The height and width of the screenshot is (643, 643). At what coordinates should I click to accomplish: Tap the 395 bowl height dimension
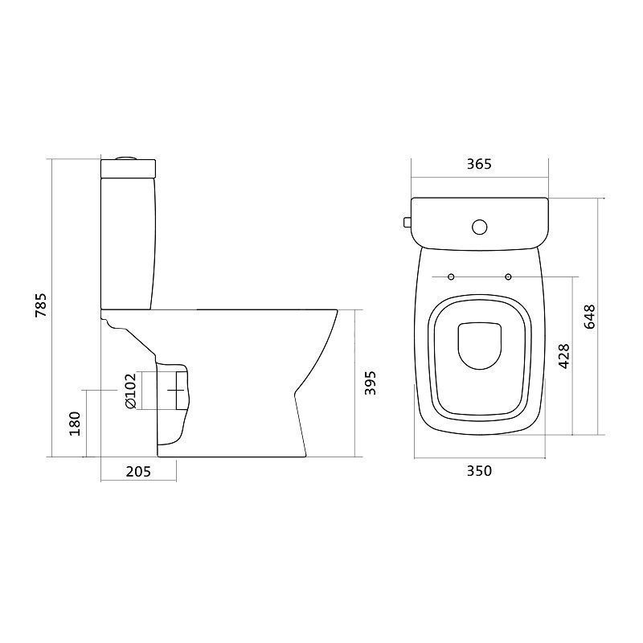[x=371, y=383]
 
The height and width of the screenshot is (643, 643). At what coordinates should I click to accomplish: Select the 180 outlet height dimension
[x=75, y=424]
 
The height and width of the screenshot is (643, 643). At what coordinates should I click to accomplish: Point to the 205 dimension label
[x=138, y=472]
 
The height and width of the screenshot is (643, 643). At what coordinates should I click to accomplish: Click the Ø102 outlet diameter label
[x=129, y=391]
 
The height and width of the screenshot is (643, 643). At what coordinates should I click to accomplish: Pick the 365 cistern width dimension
[x=479, y=164]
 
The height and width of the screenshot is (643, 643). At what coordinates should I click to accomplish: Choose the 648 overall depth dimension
[x=589, y=316]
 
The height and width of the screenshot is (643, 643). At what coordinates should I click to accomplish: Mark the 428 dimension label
[x=564, y=356]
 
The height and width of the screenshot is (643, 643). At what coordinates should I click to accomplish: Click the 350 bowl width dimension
[x=479, y=471]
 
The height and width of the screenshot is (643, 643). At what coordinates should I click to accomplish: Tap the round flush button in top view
[x=479, y=227]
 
